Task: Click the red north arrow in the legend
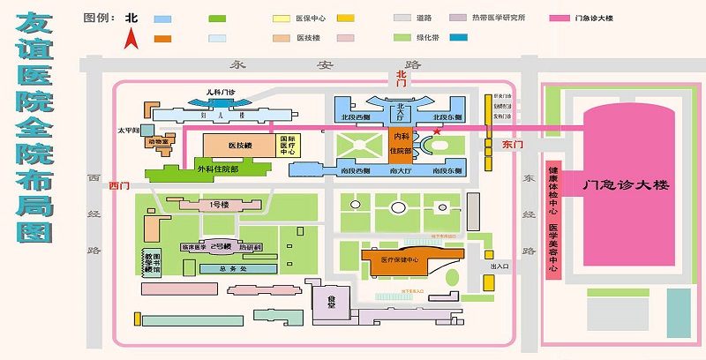(x=131, y=38)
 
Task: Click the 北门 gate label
(x=403, y=76)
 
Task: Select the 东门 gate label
(x=513, y=144)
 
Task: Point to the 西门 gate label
(x=119, y=186)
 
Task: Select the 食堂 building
(x=333, y=303)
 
